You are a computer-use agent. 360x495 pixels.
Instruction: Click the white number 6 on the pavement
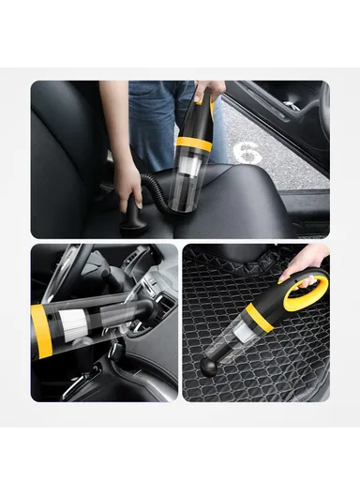(247, 151)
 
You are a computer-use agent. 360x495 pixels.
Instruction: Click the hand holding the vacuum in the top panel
(208, 90)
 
